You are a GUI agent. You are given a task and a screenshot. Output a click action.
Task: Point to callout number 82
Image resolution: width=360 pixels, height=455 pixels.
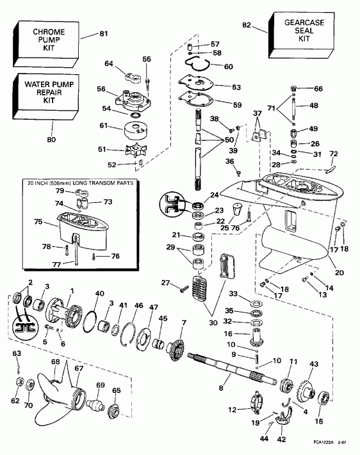(x=247, y=24)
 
